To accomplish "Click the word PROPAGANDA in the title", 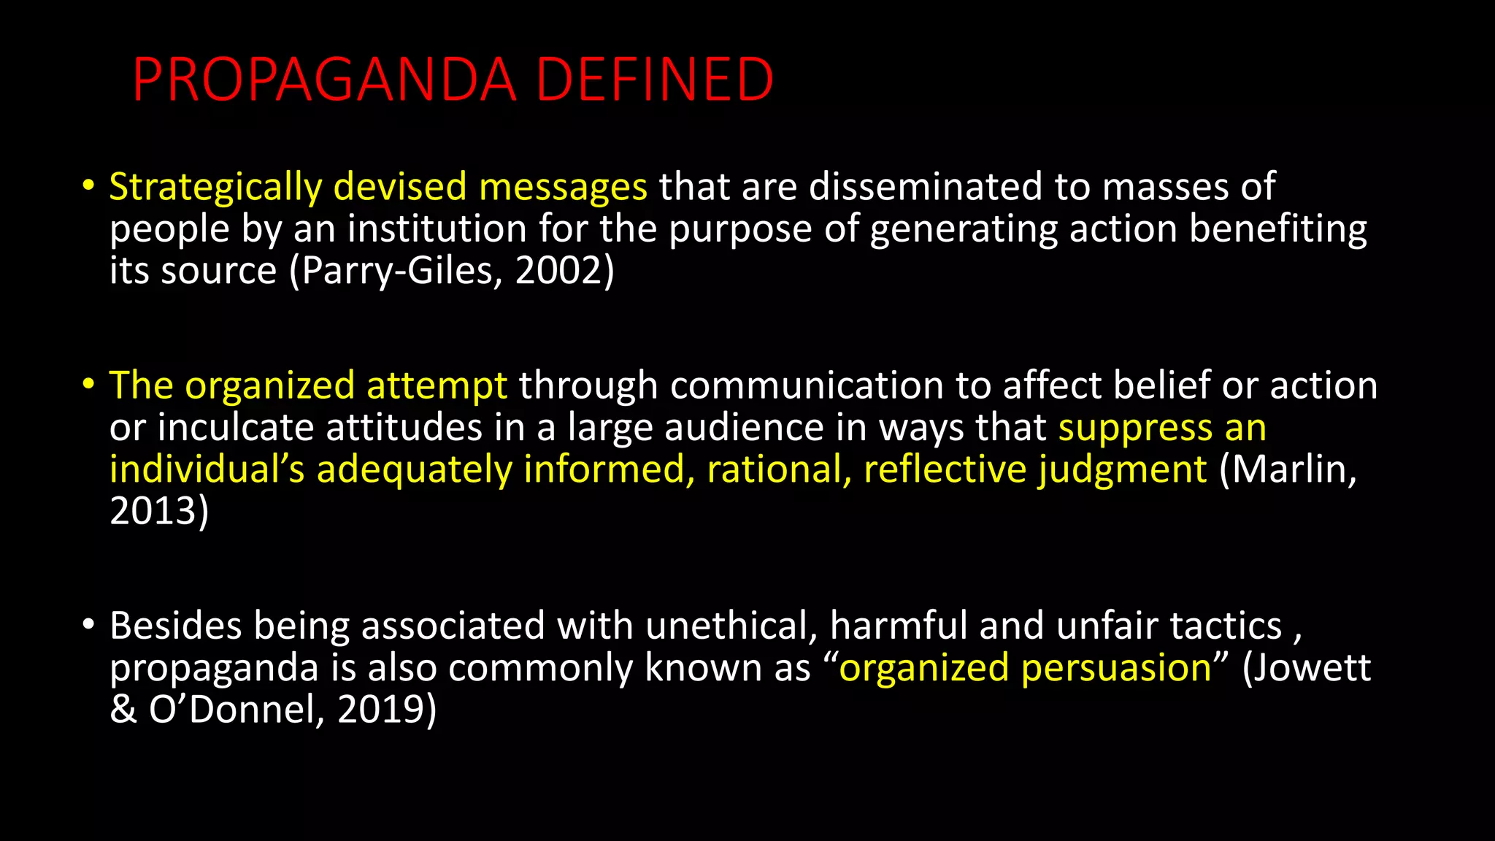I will [x=324, y=80].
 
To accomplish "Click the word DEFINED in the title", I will [x=655, y=80].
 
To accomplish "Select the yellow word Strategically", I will [x=215, y=187].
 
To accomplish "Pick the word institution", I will [x=437, y=229].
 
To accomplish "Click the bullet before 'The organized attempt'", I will [x=88, y=384].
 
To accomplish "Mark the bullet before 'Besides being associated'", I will [x=88, y=624].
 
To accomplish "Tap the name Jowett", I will [x=1313, y=668].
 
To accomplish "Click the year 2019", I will [x=381, y=709].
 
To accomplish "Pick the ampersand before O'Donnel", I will [x=123, y=709].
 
